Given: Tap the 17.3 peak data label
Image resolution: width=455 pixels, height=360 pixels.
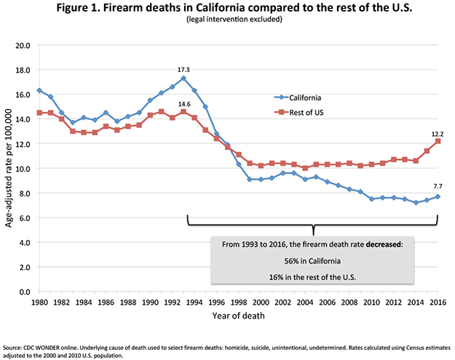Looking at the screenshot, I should point(183,69).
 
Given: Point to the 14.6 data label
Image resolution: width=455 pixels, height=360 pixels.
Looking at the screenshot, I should point(183,103).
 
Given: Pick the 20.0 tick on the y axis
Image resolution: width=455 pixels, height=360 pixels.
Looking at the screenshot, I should point(23,45).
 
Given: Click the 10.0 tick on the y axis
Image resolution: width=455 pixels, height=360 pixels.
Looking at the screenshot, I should point(23,169).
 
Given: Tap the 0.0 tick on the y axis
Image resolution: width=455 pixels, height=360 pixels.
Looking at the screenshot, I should point(24,292).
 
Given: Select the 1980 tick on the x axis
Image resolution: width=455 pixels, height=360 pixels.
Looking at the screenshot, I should point(39,303).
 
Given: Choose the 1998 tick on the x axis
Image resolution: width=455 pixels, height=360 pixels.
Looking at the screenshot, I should point(238,303).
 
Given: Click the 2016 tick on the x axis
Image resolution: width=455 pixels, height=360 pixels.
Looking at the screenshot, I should point(438,303).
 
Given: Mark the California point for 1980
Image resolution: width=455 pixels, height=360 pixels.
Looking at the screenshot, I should point(39,90).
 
